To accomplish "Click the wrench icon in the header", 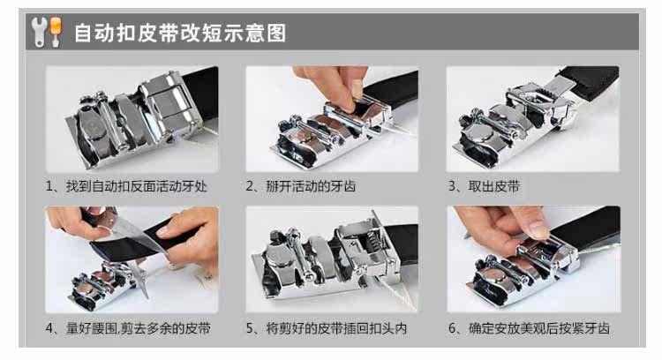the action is [40, 32].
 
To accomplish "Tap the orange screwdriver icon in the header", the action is [56, 31].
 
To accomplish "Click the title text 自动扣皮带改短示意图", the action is [180, 33].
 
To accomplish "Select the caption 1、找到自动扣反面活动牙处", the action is [126, 186].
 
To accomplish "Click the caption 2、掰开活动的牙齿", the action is [301, 186].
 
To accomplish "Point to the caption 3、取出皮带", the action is [484, 186].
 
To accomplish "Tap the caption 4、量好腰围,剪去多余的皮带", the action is [128, 328].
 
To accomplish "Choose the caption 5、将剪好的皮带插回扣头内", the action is [327, 328].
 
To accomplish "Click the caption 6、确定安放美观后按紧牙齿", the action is [529, 328].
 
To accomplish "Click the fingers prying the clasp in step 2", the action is [334, 86].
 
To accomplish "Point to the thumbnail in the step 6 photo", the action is [538, 229].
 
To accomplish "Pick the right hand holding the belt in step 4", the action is [192, 241].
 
